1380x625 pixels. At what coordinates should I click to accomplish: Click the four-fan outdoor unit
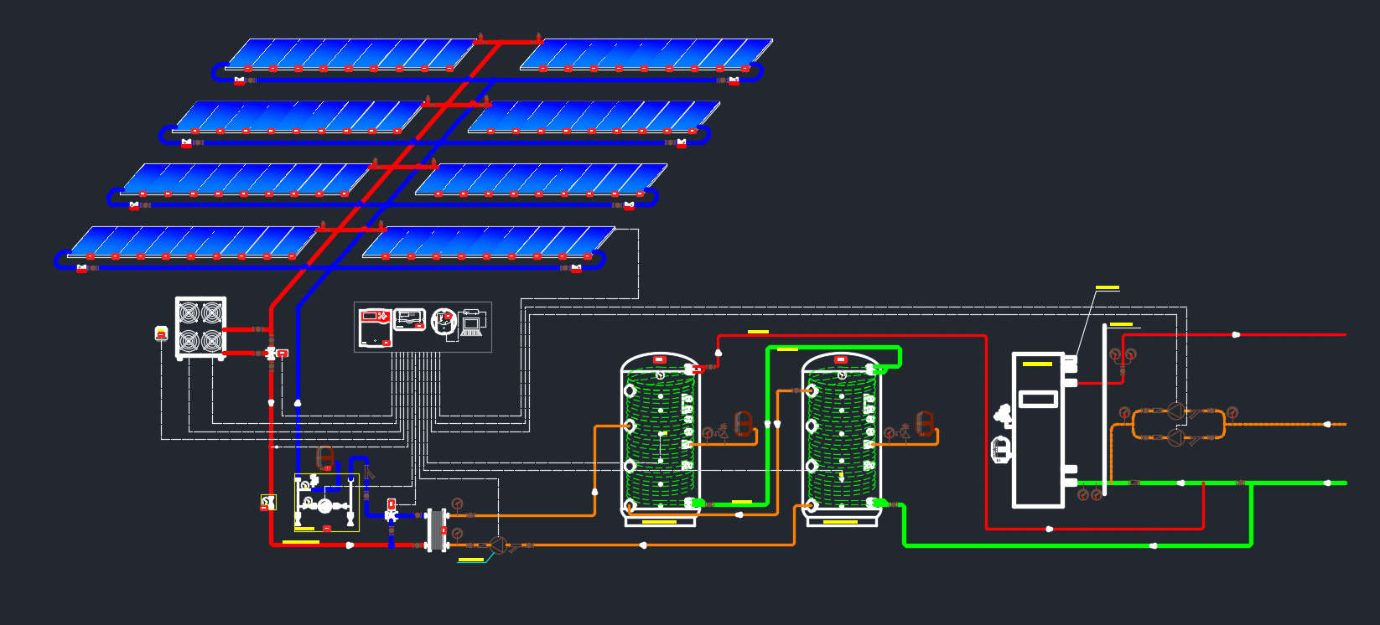click(200, 328)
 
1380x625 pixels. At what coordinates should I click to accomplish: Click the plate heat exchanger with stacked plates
click(437, 530)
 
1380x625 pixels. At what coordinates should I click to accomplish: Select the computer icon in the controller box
click(470, 323)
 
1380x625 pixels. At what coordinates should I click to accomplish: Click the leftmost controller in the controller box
click(375, 327)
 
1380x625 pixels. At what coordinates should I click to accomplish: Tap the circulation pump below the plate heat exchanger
click(497, 545)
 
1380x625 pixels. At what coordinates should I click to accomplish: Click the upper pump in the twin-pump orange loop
click(1175, 411)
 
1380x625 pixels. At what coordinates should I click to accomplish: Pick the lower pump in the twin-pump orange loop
click(1175, 436)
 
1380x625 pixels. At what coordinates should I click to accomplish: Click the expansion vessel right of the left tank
click(743, 423)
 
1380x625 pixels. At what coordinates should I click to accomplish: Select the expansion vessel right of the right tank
click(925, 423)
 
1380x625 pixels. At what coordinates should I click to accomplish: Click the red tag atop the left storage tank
click(659, 360)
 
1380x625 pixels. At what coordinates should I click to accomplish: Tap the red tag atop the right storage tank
click(841, 360)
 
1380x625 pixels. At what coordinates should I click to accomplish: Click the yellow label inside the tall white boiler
click(1037, 364)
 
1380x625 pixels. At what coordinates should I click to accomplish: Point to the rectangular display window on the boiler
click(1038, 399)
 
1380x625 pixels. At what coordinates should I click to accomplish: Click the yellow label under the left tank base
click(659, 522)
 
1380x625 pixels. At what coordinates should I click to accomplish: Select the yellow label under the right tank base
click(840, 522)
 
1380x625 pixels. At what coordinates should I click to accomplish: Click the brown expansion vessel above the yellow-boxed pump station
click(324, 458)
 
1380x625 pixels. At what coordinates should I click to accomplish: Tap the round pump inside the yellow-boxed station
click(324, 505)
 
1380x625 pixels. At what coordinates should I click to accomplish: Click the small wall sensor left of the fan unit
click(162, 333)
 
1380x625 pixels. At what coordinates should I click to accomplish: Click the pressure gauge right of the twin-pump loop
click(1232, 412)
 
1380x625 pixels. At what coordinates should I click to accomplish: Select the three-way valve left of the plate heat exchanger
click(391, 516)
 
